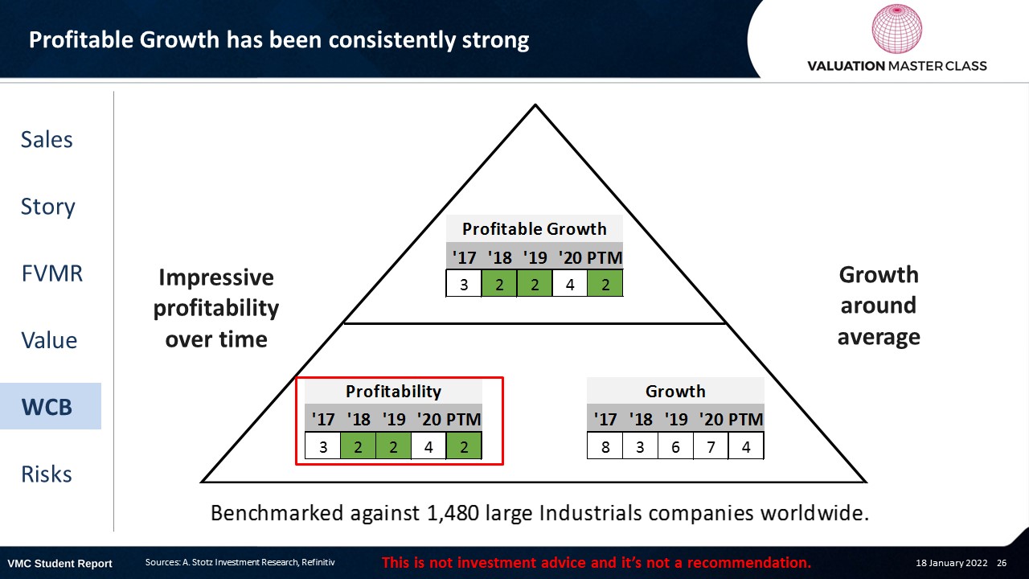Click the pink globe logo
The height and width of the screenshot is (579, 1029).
point(896,28)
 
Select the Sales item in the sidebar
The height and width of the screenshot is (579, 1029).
point(47,139)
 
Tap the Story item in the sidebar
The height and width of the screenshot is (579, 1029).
point(47,207)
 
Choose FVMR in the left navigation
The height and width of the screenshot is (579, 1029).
point(52,273)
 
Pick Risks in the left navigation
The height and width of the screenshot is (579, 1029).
point(47,474)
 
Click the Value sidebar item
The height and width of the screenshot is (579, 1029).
point(49,340)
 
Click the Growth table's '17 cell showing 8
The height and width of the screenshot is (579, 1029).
point(605,446)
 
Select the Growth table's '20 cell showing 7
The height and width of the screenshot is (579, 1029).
point(711,446)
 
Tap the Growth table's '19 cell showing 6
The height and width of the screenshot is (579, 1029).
point(675,446)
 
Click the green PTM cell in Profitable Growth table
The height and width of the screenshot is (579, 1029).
point(605,284)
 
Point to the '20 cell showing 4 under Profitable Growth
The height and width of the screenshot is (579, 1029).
point(570,284)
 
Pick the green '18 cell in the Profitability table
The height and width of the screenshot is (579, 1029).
point(358,446)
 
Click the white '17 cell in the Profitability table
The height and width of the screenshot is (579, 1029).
point(323,446)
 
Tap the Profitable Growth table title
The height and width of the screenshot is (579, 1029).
point(535,228)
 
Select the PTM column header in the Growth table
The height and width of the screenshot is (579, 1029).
point(745,419)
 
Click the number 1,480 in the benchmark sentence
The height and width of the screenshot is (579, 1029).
point(453,513)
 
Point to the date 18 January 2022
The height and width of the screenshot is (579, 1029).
point(951,562)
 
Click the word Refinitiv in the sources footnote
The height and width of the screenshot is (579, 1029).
point(318,562)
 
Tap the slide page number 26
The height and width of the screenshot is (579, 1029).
point(1002,562)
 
